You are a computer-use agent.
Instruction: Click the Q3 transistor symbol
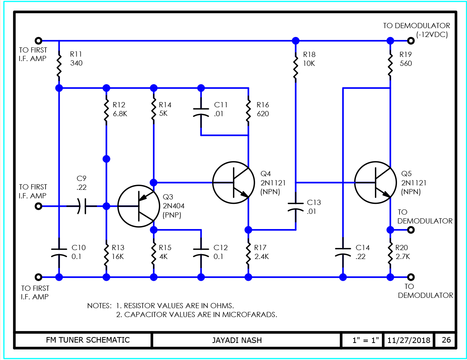click(x=139, y=206)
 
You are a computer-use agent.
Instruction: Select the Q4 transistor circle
click(x=233, y=182)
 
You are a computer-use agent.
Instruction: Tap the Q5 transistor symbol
click(x=375, y=182)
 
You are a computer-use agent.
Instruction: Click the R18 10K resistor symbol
click(x=296, y=67)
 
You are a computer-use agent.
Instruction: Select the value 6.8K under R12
click(x=120, y=114)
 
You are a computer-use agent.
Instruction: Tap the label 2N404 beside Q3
click(x=174, y=206)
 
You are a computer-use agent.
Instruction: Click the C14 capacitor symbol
click(x=343, y=252)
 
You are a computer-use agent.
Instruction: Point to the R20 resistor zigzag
click(x=390, y=254)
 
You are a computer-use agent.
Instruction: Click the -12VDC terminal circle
click(x=410, y=41)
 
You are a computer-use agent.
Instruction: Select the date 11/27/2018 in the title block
click(x=409, y=340)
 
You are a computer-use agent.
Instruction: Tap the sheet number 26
click(x=446, y=340)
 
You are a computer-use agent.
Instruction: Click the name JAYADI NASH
click(x=237, y=340)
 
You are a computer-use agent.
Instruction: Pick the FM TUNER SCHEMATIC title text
click(x=88, y=340)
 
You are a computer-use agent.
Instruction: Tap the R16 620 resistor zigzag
click(x=248, y=111)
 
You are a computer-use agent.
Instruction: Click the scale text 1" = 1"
click(x=366, y=340)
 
